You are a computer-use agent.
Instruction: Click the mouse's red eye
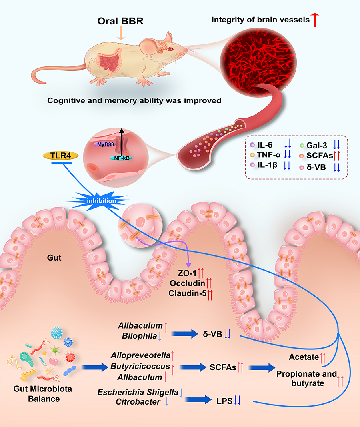[170, 49]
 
